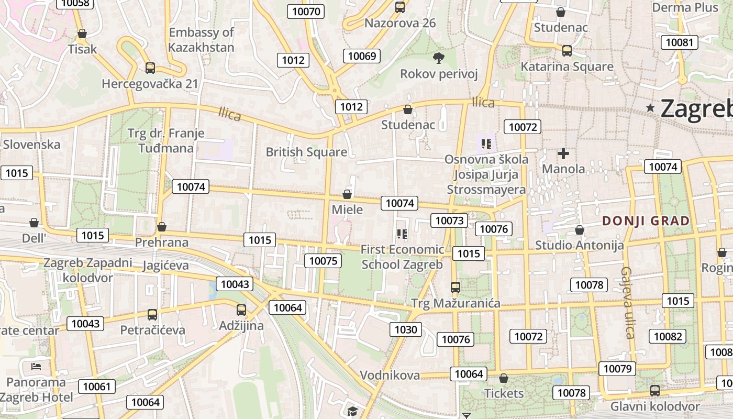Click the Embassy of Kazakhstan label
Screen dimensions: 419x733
(x=201, y=40)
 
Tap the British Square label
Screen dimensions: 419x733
(x=306, y=152)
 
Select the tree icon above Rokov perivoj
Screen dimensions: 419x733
(x=439, y=57)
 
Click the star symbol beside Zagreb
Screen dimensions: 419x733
(x=651, y=108)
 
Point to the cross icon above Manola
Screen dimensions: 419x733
(x=563, y=153)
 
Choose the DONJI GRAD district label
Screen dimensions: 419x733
(x=646, y=220)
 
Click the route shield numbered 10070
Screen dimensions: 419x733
(x=306, y=12)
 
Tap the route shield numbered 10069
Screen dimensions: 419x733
(x=362, y=56)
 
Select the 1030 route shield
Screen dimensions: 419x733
(x=406, y=329)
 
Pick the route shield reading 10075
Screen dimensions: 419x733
(x=324, y=261)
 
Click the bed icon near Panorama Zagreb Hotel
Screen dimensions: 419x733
(x=36, y=366)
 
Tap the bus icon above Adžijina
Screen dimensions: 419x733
(x=241, y=310)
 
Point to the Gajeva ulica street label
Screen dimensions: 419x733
(x=628, y=302)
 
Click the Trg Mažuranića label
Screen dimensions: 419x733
(x=456, y=303)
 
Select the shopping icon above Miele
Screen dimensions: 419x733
(x=347, y=195)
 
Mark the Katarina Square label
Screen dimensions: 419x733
(x=567, y=67)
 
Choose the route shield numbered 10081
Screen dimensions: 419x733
(x=680, y=42)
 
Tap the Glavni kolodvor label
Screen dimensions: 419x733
(x=655, y=406)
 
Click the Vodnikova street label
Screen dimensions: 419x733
(x=390, y=375)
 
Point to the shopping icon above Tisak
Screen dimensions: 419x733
(x=82, y=34)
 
